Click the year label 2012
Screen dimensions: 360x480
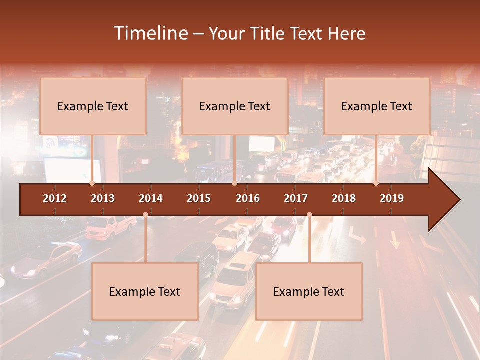point(55,198)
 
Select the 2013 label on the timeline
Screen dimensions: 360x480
point(103,198)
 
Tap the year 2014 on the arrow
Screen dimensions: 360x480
point(151,198)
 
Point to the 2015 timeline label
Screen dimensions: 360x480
point(199,198)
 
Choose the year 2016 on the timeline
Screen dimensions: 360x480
point(248,198)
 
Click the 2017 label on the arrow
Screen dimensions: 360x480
point(296,198)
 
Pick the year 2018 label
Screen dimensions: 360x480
point(344,198)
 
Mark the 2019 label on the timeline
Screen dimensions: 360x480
point(392,198)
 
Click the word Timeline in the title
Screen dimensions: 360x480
point(150,33)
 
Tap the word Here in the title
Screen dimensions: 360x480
point(346,33)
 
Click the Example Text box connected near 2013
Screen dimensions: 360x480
point(93,106)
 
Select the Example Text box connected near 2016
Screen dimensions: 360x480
point(235,106)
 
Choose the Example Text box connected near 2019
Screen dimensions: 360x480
point(377,106)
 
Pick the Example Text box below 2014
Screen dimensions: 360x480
point(145,291)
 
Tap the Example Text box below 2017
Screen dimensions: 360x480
point(309,291)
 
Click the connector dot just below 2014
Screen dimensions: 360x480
point(145,215)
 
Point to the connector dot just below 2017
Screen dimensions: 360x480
point(309,215)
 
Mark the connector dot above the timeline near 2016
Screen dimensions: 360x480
point(235,183)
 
